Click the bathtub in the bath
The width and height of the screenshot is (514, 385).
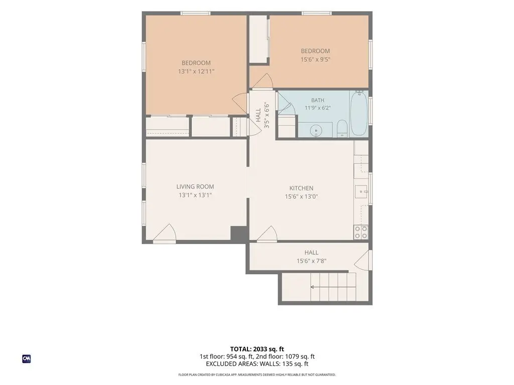(x=358, y=113)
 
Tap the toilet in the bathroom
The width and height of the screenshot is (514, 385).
(x=342, y=128)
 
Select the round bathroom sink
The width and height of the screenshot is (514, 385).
(x=316, y=131)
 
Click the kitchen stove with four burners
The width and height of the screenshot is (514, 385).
(x=361, y=232)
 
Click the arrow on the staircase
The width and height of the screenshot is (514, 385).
(x=333, y=287)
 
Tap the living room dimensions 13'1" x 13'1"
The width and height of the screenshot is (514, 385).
(x=195, y=195)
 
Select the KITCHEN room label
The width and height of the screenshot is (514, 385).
(x=301, y=188)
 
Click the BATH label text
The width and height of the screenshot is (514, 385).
(x=318, y=100)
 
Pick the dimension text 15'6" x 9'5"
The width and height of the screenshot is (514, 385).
(x=315, y=59)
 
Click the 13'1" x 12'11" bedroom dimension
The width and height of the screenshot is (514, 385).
(x=196, y=71)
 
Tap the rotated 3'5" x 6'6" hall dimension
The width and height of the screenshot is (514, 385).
(x=267, y=115)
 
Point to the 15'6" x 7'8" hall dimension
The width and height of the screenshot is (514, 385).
(x=311, y=261)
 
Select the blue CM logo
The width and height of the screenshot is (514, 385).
(x=27, y=359)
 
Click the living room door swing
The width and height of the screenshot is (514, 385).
(x=165, y=233)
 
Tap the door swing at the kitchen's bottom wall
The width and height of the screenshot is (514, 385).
(x=268, y=234)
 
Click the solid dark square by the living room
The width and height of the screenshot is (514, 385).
(x=239, y=234)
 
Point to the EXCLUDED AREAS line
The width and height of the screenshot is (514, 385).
(x=257, y=364)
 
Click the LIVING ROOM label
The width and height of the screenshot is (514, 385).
(x=195, y=186)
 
